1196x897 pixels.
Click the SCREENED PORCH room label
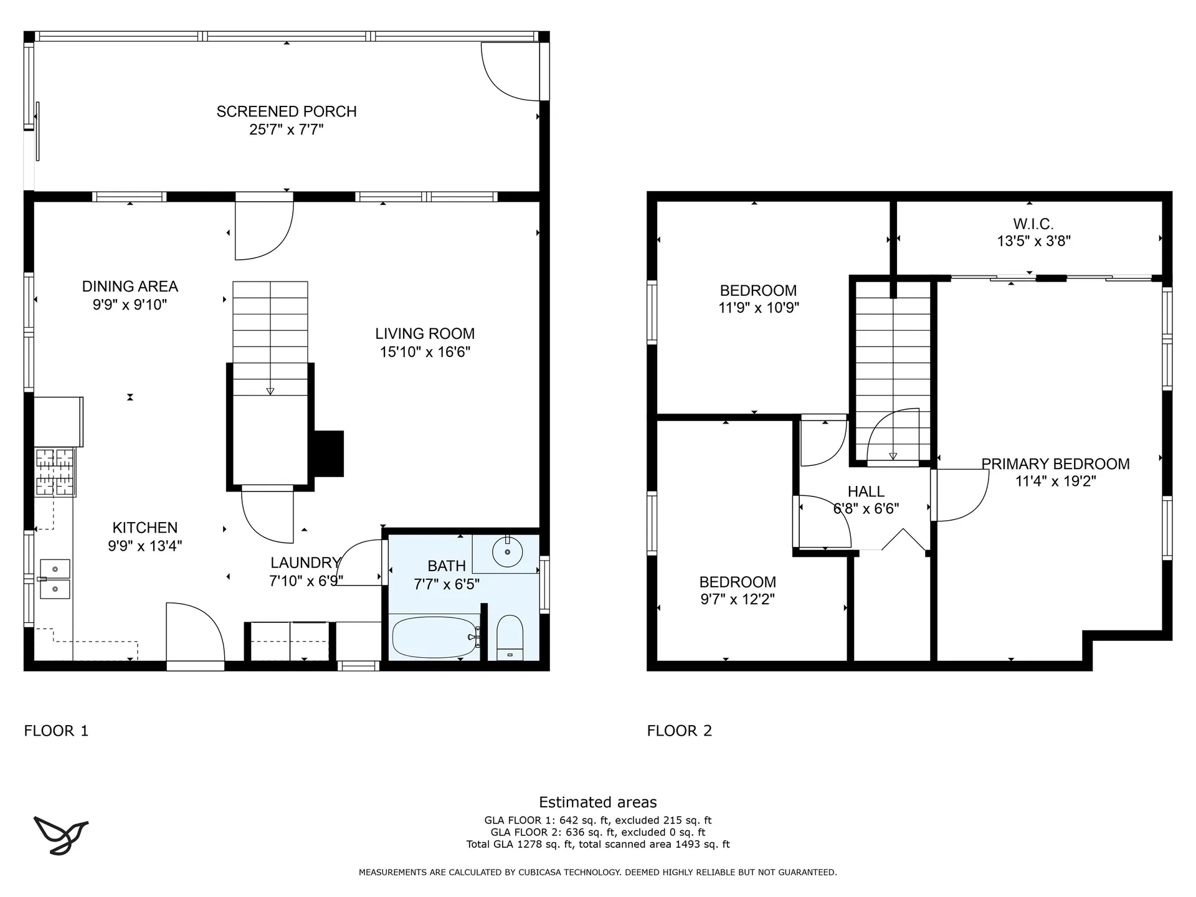point(287,112)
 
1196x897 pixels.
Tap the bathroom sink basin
point(508,552)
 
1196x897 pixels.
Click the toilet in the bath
point(510,638)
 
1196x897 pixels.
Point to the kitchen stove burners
point(55,472)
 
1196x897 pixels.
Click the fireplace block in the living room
point(328,453)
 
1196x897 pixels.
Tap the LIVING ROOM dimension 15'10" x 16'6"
point(425,352)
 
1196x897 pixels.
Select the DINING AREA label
point(130,287)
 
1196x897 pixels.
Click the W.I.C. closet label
point(1033,224)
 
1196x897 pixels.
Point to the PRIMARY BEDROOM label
point(1055,464)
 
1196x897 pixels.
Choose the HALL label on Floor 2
point(866,491)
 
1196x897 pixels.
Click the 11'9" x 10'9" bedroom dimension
point(759,308)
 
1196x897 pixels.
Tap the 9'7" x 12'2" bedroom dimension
point(738,599)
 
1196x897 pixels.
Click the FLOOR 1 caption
point(56,731)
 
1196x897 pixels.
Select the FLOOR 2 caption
point(679,731)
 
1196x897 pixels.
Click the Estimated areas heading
point(598,802)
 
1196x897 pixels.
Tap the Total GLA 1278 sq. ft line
point(598,845)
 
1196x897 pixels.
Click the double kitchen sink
point(55,579)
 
